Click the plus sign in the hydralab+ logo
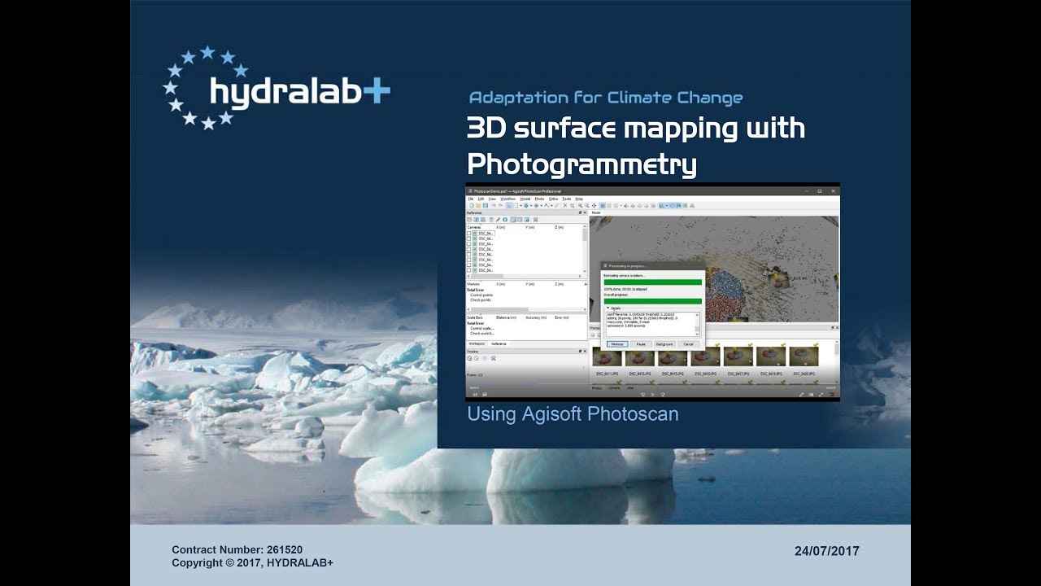click(376, 91)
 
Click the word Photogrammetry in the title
click(581, 164)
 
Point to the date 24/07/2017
click(826, 551)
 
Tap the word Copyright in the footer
click(198, 563)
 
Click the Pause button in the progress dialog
click(641, 344)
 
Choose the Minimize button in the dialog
click(617, 344)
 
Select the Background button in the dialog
click(664, 344)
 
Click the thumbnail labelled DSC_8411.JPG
click(608, 356)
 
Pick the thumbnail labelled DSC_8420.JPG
click(803, 356)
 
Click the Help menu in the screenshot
click(579, 199)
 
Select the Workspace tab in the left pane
click(476, 344)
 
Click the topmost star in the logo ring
click(207, 53)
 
